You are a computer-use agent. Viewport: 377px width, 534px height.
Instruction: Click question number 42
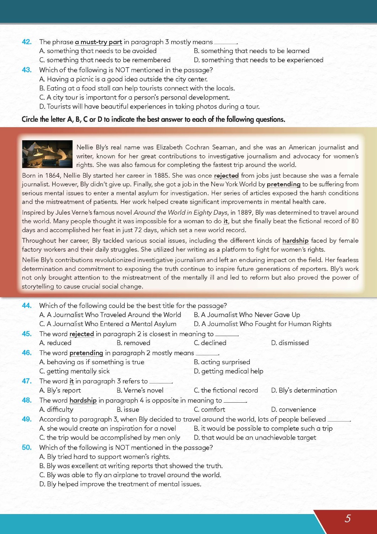(27, 42)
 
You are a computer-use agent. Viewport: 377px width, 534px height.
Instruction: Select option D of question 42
(258, 60)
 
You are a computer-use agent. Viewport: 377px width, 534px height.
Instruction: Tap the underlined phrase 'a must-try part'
(98, 42)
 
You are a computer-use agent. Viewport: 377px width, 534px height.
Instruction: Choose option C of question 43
(134, 97)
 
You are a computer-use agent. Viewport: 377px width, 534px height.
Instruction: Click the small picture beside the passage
(47, 154)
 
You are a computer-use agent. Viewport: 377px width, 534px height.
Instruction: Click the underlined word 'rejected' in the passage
(226, 176)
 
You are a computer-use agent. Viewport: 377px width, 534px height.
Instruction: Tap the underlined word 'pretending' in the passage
(284, 184)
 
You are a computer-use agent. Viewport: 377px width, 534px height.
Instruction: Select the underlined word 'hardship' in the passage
(295, 241)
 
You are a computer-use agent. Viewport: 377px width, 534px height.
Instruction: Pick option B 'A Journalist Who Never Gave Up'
(247, 315)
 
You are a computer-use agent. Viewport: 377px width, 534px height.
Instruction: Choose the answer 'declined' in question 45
(210, 343)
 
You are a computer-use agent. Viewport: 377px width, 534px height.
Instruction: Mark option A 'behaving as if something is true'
(92, 362)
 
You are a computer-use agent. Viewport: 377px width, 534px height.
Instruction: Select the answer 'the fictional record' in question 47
(226, 390)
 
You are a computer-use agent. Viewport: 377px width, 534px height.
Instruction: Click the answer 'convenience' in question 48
(293, 409)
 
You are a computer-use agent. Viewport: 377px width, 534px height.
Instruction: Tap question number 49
(27, 419)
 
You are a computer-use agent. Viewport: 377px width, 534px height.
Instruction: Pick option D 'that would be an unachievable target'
(255, 438)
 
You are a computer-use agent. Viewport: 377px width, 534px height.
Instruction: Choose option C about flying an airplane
(130, 475)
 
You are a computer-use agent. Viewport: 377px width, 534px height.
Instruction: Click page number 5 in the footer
(348, 518)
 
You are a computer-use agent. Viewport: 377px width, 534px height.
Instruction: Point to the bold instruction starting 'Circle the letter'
(153, 119)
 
